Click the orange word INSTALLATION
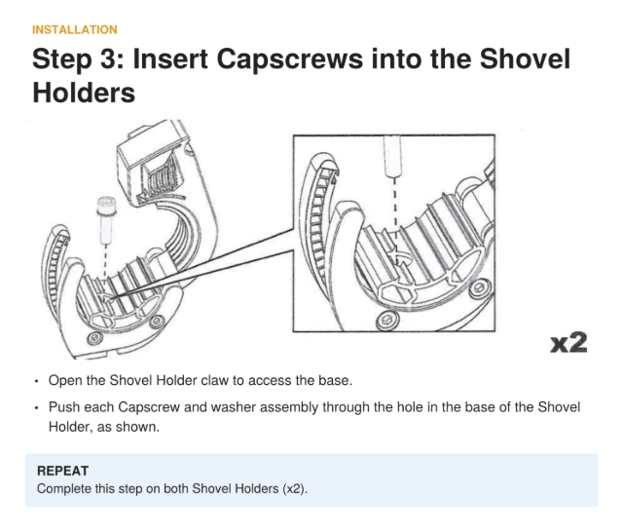click(x=75, y=30)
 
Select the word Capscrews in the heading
click(x=289, y=59)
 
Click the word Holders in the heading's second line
click(x=84, y=93)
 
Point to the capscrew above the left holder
click(x=106, y=219)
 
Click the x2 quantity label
click(x=568, y=343)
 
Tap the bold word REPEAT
click(x=62, y=471)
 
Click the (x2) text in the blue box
click(x=295, y=489)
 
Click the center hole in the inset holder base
click(x=400, y=257)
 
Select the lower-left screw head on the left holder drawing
click(x=94, y=338)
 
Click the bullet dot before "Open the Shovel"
click(x=37, y=382)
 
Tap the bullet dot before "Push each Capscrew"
click(x=37, y=408)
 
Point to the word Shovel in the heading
click(x=525, y=59)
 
